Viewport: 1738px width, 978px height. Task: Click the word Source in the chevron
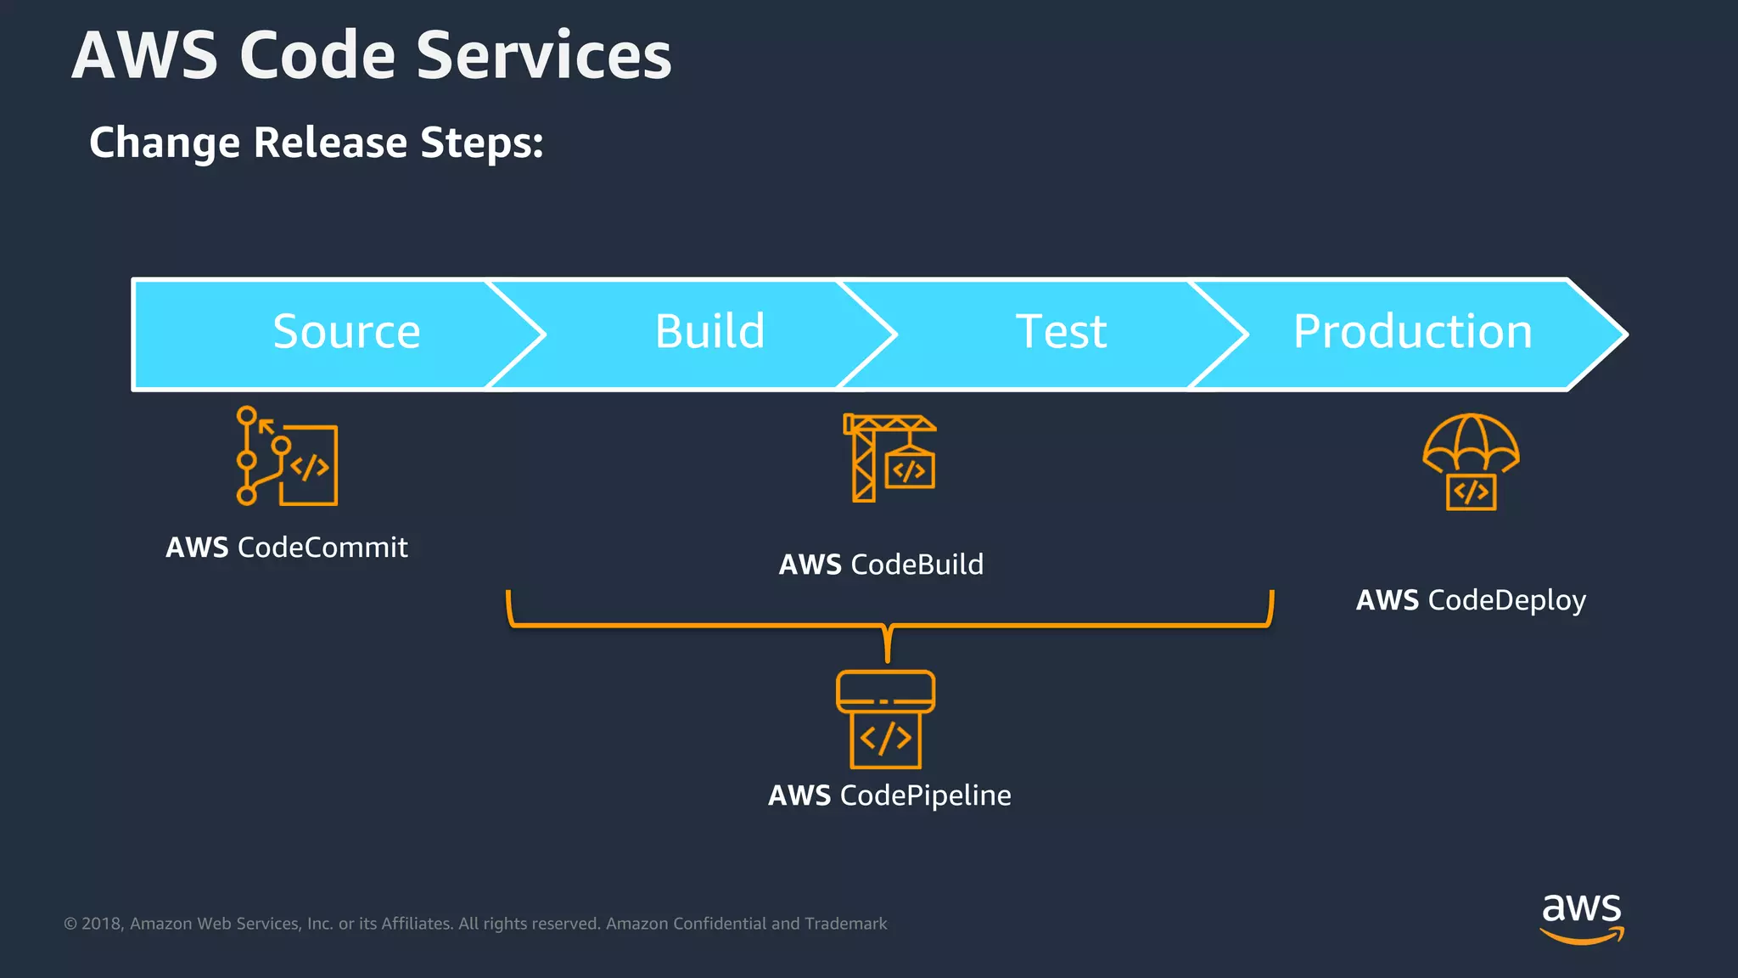point(346,332)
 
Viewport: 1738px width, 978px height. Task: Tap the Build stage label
point(709,332)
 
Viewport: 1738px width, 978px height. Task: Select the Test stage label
point(1061,332)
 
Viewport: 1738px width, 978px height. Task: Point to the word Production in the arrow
point(1412,332)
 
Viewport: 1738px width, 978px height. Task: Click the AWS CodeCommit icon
point(287,457)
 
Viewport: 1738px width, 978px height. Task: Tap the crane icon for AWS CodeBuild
point(889,458)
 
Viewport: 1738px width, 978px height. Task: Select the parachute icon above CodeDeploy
point(1471,462)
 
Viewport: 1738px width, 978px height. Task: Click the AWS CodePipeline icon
point(885,719)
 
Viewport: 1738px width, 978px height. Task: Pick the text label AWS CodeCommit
point(287,548)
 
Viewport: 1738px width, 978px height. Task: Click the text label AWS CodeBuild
point(881,565)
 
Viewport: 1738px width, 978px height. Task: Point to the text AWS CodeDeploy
point(1471,600)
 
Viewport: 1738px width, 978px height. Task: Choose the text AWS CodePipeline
point(889,795)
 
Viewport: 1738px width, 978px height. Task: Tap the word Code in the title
point(317,56)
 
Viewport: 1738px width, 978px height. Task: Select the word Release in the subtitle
point(331,142)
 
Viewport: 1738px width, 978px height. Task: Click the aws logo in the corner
point(1581,917)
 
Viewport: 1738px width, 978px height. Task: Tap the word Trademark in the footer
point(845,924)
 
